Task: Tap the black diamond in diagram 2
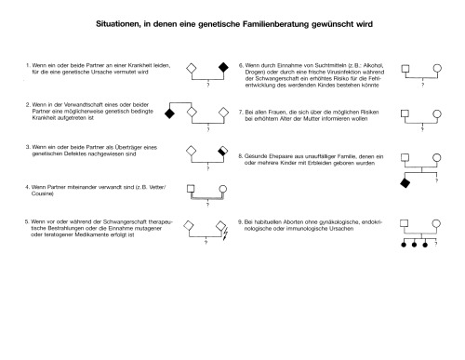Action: point(169,113)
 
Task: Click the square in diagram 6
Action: point(405,69)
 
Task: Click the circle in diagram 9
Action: point(437,225)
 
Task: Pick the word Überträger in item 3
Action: point(113,147)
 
